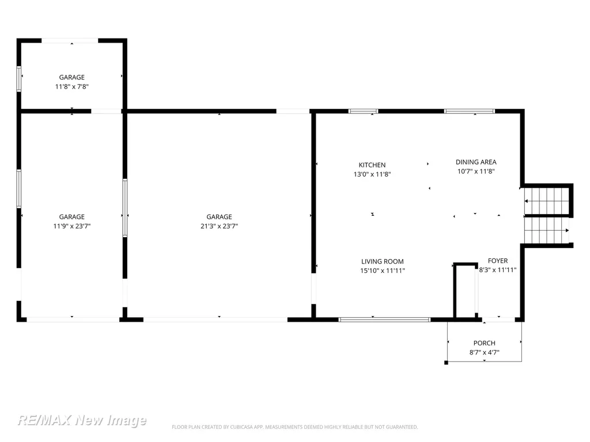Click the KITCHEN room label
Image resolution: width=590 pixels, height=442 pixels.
[372, 165]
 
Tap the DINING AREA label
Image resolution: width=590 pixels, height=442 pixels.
[476, 162]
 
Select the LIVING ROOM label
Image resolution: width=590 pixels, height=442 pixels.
[383, 261]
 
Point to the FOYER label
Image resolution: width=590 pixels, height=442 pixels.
[497, 261]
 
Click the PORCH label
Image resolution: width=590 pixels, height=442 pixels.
[484, 343]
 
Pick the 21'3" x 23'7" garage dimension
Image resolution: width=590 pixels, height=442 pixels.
[219, 226]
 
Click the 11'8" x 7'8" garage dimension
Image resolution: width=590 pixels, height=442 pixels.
[71, 86]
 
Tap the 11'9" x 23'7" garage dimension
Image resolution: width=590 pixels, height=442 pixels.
[71, 226]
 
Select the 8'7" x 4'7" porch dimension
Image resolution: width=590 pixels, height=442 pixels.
[484, 352]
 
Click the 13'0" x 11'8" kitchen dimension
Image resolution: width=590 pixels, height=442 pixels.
[372, 174]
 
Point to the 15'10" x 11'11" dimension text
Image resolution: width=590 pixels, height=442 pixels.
[383, 270]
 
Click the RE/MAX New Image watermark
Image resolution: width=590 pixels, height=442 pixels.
[82, 420]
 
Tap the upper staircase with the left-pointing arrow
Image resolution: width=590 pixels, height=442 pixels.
[546, 201]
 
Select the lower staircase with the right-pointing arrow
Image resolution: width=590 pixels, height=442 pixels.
[546, 230]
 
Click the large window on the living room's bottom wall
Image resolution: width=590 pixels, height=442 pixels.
[384, 320]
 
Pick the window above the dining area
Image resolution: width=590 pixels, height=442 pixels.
[469, 111]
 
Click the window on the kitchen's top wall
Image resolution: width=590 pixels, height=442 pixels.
[363, 111]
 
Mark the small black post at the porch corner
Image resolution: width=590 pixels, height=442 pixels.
[447, 363]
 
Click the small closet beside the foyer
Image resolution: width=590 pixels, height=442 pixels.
[466, 291]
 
